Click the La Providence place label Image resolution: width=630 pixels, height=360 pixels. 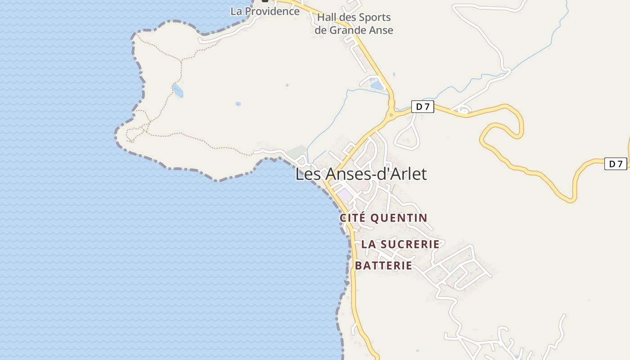coord(265,11)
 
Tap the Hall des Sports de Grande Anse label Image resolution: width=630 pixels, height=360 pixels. coord(354,24)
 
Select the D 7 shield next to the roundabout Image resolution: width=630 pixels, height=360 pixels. coord(422,107)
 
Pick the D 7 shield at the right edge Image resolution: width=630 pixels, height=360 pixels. coord(615,164)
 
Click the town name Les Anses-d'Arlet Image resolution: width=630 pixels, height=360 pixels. coord(361,174)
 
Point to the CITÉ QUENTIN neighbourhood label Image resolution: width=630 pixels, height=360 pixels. coord(383,218)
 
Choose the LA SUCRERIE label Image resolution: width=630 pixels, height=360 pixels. coord(400,244)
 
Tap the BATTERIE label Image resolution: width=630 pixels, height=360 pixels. coord(383,265)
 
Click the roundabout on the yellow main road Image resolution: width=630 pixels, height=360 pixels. coord(391,115)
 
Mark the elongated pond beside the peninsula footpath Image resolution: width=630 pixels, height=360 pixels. coord(178,90)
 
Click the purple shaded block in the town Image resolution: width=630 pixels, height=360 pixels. coord(345,195)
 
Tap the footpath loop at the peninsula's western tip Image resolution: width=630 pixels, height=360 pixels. coord(133,134)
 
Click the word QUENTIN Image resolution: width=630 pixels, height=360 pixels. coord(398,218)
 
